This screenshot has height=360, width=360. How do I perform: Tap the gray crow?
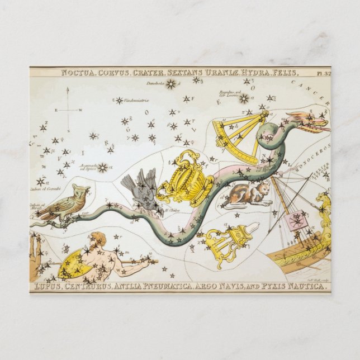click(140, 190)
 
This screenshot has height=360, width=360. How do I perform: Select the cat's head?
click(263, 188)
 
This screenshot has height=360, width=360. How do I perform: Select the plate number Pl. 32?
click(322, 72)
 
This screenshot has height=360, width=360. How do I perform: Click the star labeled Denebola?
click(170, 84)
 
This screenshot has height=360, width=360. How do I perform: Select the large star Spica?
click(103, 167)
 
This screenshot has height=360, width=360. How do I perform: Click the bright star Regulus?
click(244, 99)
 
